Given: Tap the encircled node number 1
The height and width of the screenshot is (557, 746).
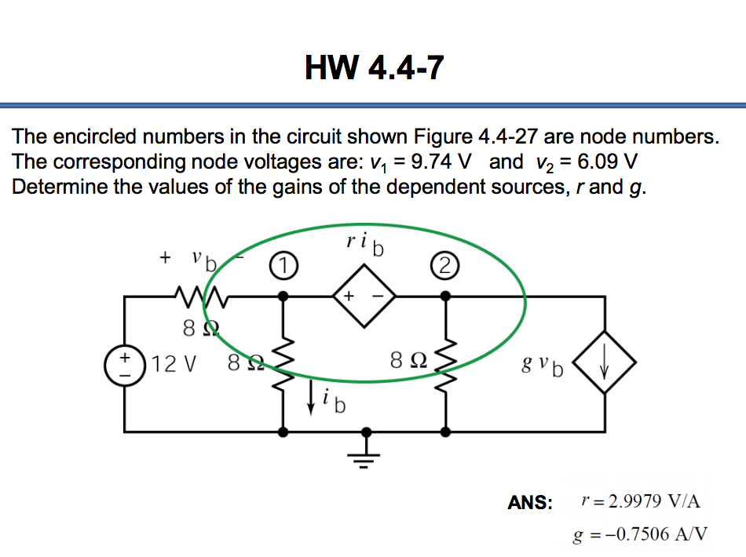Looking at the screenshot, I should click(282, 267).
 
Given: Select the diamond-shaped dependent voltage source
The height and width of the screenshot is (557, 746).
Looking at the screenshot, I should click(364, 297).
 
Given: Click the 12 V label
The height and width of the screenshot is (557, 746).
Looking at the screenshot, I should click(174, 364).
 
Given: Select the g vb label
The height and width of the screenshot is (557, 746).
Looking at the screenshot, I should click(542, 366).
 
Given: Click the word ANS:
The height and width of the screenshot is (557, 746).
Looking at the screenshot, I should click(531, 502).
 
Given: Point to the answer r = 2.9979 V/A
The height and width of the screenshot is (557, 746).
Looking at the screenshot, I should click(639, 501).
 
